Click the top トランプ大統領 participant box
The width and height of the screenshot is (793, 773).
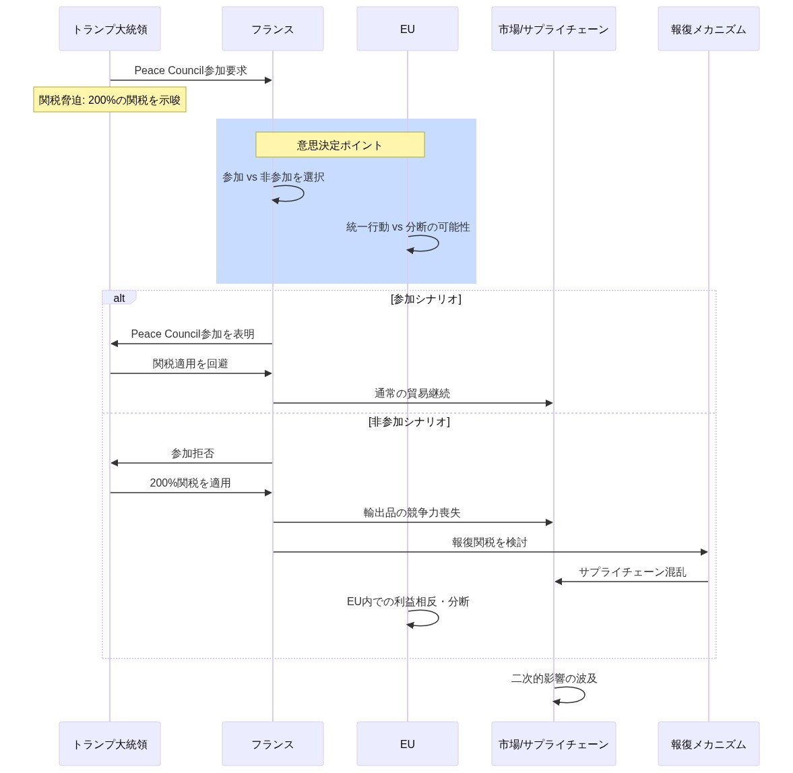click(110, 29)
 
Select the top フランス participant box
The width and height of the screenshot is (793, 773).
click(273, 29)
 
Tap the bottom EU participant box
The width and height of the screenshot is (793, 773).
click(408, 744)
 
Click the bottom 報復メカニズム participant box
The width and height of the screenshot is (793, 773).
click(709, 744)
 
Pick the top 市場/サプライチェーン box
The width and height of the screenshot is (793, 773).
click(554, 29)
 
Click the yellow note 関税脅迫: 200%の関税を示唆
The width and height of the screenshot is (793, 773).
click(110, 100)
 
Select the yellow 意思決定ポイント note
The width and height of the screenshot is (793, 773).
click(340, 145)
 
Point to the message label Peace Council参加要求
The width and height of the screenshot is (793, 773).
click(191, 70)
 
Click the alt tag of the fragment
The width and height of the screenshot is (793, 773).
click(119, 298)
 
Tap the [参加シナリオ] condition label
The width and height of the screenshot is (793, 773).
click(426, 299)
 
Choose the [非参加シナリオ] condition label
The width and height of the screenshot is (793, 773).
click(409, 421)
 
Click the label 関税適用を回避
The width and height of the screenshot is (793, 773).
click(191, 363)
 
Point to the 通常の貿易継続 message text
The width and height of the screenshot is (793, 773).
click(412, 393)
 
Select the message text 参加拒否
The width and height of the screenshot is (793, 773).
click(193, 453)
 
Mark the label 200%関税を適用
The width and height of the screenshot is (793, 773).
click(191, 483)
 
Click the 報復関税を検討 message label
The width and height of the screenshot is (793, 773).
click(490, 542)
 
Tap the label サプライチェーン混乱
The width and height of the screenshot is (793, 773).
click(633, 571)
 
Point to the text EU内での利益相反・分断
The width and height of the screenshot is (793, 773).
click(408, 601)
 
